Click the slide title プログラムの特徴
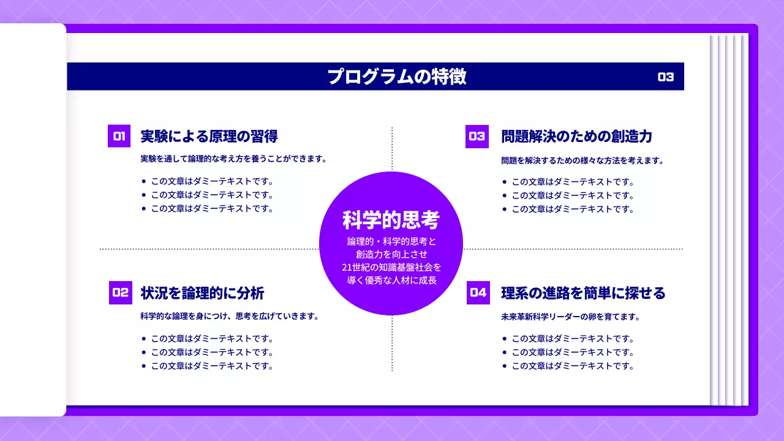396,77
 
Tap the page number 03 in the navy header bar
666,77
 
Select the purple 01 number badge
119,136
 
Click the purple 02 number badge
120,293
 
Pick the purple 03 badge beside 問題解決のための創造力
477,137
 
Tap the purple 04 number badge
478,293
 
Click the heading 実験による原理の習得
209,136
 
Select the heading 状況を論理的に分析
202,293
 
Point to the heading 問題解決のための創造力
576,136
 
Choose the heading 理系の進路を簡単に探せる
583,293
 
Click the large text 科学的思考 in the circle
391,219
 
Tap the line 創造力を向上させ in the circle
391,254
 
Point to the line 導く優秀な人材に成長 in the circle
391,280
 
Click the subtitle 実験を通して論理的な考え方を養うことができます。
233,159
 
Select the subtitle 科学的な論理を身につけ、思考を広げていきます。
230,317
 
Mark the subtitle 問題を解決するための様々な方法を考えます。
582,160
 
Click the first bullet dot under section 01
143,181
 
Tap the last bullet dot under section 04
504,366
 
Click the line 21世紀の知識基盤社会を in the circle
391,267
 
